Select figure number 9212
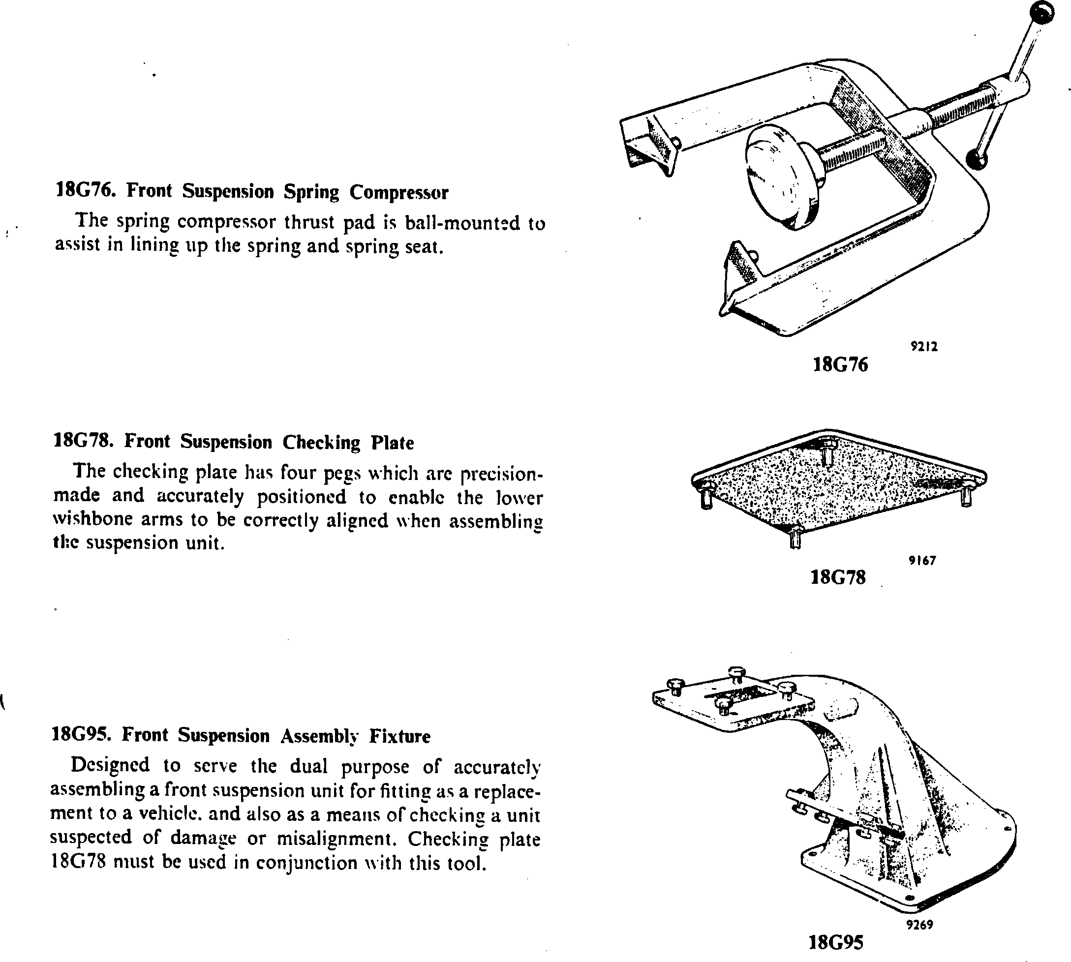point(924,347)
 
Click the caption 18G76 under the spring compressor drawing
point(840,365)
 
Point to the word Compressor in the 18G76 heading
point(398,192)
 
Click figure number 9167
point(922,561)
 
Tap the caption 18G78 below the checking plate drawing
point(838,577)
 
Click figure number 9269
point(920,925)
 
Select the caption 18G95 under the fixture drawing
point(836,942)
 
